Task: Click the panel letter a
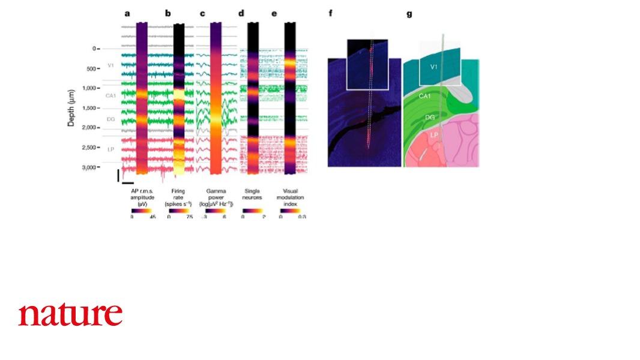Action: pyautogui.click(x=127, y=13)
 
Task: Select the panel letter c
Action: pyautogui.click(x=202, y=13)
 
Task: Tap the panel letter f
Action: pyautogui.click(x=330, y=13)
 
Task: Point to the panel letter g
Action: pyautogui.click(x=409, y=13)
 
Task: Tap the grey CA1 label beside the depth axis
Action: pyautogui.click(x=110, y=95)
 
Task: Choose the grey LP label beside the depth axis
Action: pyautogui.click(x=110, y=148)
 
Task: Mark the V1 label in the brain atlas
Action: pyautogui.click(x=434, y=67)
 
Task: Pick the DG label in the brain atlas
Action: pyautogui.click(x=430, y=118)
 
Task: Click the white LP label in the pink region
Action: pyautogui.click(x=433, y=136)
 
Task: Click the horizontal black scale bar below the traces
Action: pyautogui.click(x=127, y=182)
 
